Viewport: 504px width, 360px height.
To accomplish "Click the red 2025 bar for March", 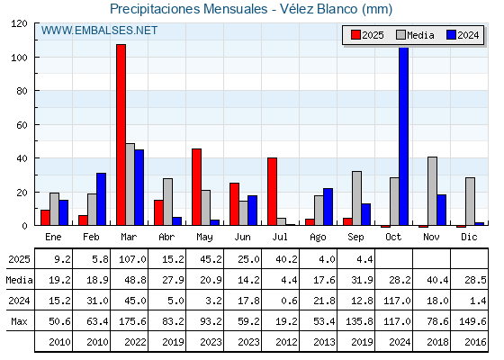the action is click(121, 135).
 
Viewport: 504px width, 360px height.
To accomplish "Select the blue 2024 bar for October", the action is click(404, 136).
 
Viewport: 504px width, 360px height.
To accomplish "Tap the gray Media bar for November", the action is click(432, 191).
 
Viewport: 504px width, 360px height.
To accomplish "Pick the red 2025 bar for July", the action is click(272, 192).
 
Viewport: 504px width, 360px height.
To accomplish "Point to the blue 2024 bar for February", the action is click(101, 199).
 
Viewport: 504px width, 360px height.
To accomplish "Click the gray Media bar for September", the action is click(356, 198).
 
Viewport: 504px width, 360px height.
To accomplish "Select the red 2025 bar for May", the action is click(197, 187).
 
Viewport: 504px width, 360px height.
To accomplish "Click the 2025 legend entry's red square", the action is click(355, 35).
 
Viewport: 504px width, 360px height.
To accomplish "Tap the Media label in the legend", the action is click(420, 35).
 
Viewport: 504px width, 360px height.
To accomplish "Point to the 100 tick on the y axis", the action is click(35, 58).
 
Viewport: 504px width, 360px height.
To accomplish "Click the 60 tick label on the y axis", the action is click(22, 125).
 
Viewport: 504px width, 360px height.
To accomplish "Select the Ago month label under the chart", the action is click(318, 238).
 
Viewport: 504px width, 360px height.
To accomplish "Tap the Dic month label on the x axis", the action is click(469, 237).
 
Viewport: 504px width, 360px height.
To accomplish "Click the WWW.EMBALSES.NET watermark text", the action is click(99, 31).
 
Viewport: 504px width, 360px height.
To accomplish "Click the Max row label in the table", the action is click(19, 321).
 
